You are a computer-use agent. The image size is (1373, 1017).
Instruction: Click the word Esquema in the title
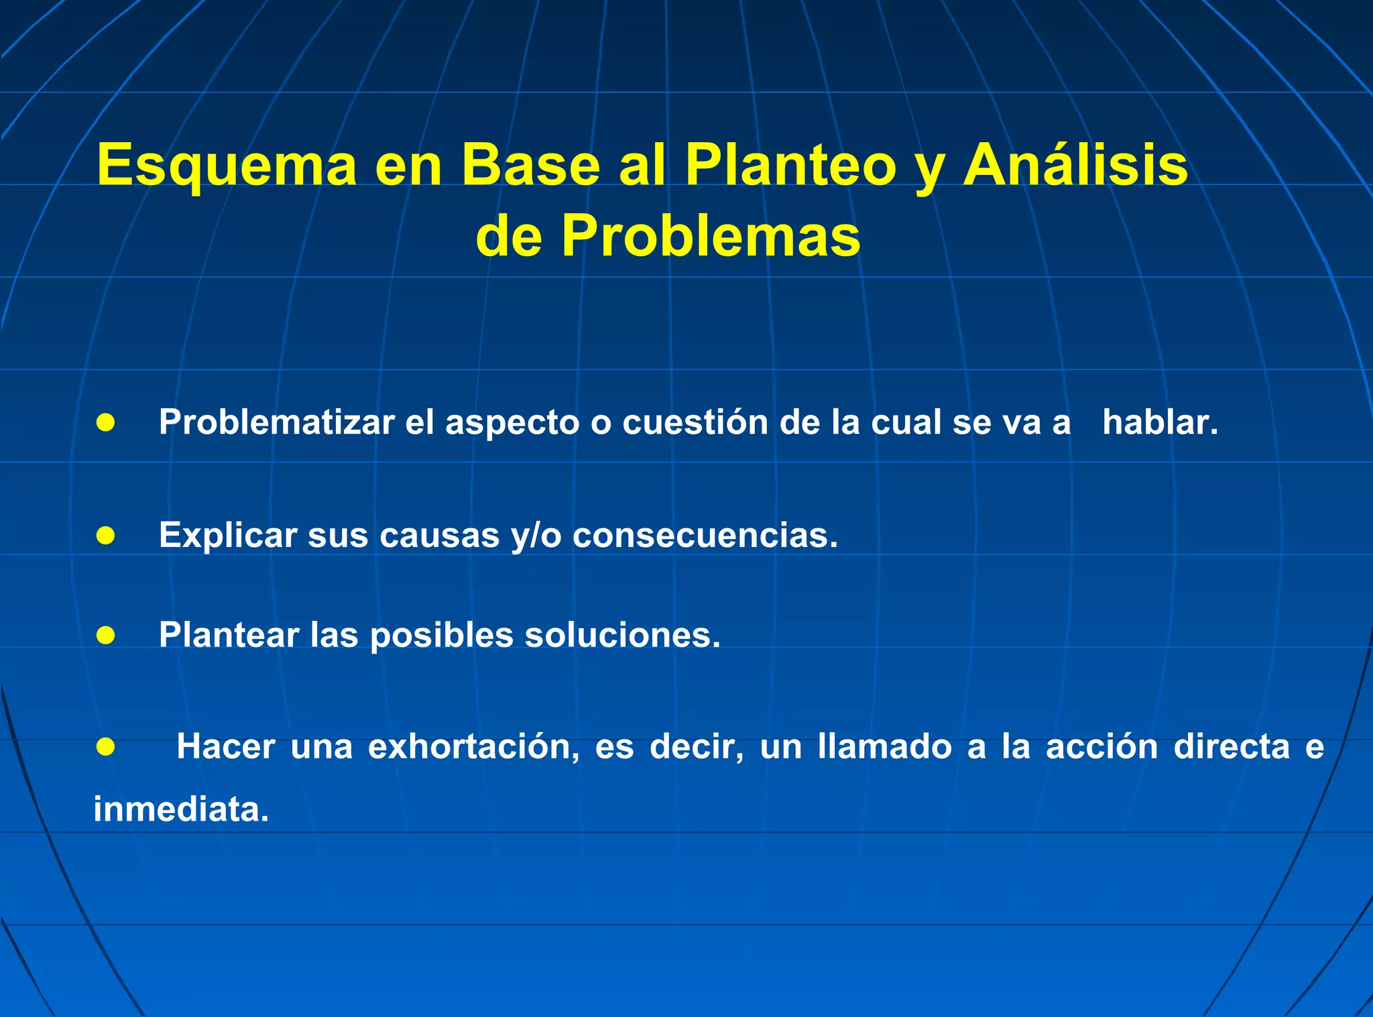(227, 166)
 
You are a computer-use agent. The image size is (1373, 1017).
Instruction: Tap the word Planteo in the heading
(790, 166)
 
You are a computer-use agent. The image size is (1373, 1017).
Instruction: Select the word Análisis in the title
(1075, 164)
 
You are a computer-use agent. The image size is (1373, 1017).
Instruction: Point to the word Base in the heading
(530, 164)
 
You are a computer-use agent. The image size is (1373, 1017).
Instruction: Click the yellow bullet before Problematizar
(105, 422)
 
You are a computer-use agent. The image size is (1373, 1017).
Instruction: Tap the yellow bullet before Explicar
(105, 535)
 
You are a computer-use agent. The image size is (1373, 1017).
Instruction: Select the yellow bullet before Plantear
(105, 634)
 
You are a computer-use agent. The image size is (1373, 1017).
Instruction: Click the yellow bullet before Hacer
(105, 746)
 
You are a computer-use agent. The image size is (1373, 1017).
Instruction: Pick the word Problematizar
(276, 422)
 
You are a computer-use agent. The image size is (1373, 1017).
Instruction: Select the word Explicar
(228, 535)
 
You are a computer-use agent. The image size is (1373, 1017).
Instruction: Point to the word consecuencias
(705, 535)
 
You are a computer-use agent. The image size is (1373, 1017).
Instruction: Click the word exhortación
(473, 747)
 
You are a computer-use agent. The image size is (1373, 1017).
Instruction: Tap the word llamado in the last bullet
(884, 747)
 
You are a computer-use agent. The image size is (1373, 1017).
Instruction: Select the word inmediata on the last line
(180, 809)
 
